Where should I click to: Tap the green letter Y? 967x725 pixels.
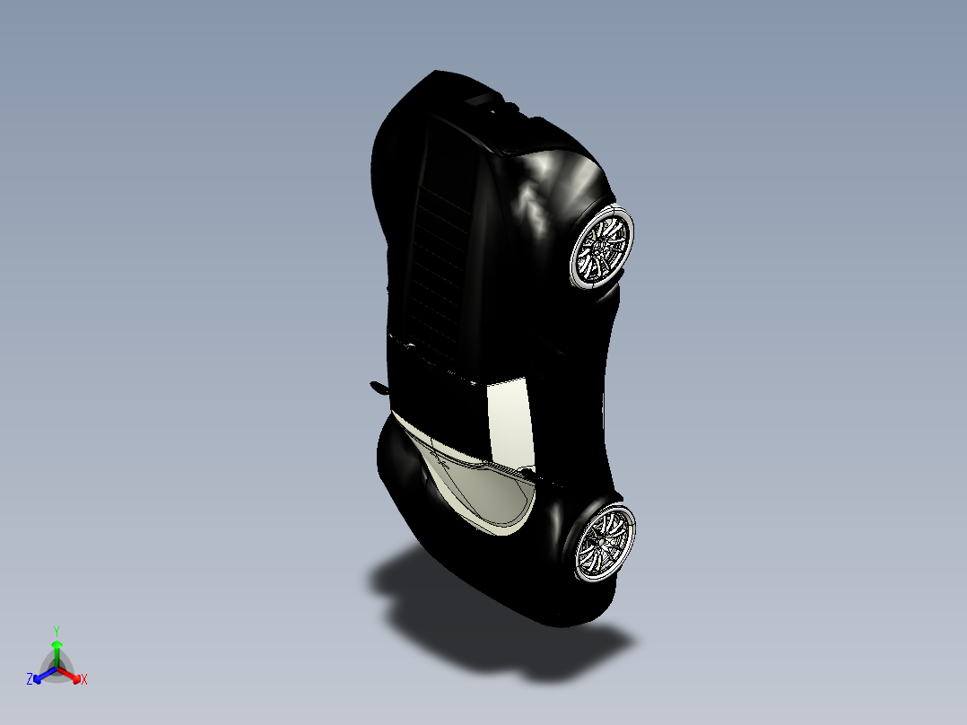click(x=56, y=630)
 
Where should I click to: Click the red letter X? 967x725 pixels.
click(x=84, y=680)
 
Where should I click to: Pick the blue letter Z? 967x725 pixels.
click(x=30, y=680)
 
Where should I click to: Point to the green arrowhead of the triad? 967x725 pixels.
click(x=56, y=644)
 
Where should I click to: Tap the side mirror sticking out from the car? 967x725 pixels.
click(x=378, y=388)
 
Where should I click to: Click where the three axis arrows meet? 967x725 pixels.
click(x=57, y=668)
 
